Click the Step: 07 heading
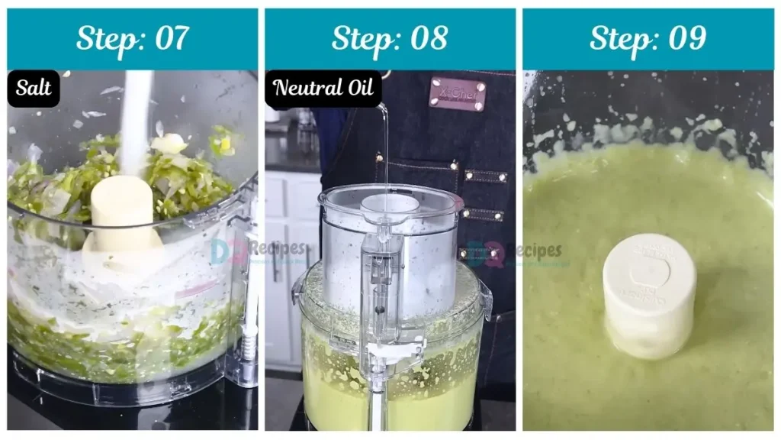pos(133,38)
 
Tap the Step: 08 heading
pos(389,38)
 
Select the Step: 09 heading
pos(648,38)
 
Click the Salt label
pos(34,89)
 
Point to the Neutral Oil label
pos(323,89)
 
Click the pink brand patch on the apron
pos(458,93)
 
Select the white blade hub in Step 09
pos(648,294)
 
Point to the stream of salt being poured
pos(137,115)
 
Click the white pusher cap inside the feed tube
pos(389,205)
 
